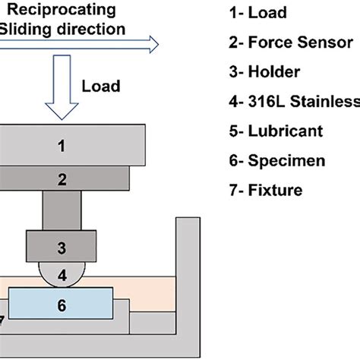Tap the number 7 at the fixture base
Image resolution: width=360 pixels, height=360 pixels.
(x=4, y=319)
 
